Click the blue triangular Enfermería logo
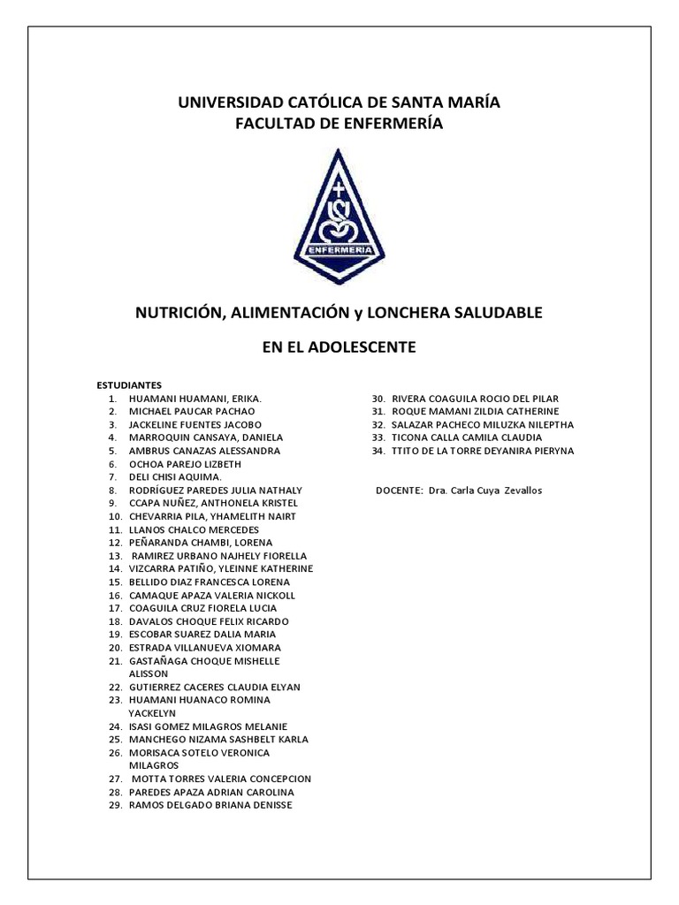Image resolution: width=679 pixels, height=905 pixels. [x=339, y=215]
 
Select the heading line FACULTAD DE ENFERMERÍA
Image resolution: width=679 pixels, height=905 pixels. [x=339, y=125]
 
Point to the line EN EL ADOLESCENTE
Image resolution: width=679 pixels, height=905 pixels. [x=339, y=347]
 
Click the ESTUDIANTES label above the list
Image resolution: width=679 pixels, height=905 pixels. [x=128, y=385]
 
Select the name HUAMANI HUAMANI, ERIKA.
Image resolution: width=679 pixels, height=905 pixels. [x=195, y=399]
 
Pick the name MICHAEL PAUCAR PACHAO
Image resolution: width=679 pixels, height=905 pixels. [x=192, y=412]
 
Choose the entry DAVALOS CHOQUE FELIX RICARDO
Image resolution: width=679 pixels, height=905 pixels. [x=209, y=621]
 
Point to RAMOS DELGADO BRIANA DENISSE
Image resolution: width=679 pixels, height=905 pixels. [x=210, y=805]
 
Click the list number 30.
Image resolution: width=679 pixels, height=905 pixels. [x=378, y=399]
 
